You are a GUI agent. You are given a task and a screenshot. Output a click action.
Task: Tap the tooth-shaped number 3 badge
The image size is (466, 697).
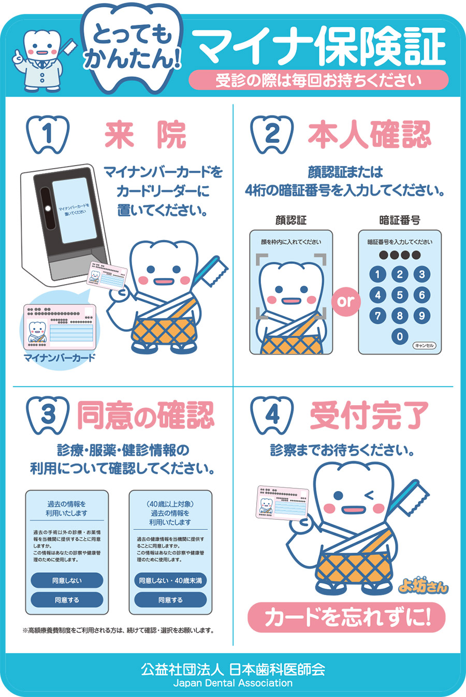pos(48,415)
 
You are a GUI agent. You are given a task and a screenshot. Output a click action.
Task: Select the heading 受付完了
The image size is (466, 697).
pos(369,415)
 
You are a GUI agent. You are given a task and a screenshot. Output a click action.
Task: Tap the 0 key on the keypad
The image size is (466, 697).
pos(399,336)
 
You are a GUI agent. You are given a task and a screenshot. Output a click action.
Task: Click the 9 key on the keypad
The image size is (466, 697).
pos(421,316)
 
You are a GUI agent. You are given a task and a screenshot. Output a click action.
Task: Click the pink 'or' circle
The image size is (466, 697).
pos(345,300)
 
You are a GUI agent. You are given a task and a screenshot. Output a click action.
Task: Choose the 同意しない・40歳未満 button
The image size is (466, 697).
pos(170,581)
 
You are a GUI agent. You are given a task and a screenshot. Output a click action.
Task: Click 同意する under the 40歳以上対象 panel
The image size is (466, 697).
pos(170,600)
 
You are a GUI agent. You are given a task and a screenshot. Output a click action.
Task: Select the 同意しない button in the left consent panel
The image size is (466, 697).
pos(67,581)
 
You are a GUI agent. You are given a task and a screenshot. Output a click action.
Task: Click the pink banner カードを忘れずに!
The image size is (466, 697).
pos(346,617)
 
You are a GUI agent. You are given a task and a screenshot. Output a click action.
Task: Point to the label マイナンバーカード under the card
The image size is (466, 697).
pos(60,358)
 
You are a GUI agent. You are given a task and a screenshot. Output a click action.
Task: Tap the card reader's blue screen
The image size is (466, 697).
pos(75,211)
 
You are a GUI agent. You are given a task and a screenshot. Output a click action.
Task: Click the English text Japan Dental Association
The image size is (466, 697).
pos(233,683)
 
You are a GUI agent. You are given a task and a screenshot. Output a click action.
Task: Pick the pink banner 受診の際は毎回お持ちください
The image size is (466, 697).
pos(318,80)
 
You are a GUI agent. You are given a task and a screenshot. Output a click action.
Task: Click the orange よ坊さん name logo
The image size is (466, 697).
pos(423,586)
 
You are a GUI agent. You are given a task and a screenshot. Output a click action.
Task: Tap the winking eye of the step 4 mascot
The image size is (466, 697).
pos(370,496)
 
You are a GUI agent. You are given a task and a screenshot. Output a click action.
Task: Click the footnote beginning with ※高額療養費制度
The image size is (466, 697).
pos(118,630)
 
